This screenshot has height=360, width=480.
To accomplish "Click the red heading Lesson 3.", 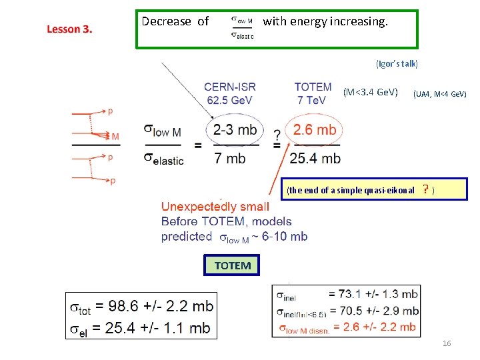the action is pyautogui.click(x=69, y=29).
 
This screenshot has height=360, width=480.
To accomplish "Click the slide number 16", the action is pyautogui.click(x=447, y=343).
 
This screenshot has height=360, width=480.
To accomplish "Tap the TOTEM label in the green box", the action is pyautogui.click(x=233, y=265).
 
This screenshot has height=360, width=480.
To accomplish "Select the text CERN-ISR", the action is pyautogui.click(x=229, y=87).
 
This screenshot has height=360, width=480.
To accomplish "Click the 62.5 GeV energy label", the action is pyautogui.click(x=231, y=100).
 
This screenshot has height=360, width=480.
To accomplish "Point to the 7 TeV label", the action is pyautogui.click(x=311, y=100).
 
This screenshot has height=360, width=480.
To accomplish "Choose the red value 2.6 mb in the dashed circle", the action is pyautogui.click(x=315, y=129).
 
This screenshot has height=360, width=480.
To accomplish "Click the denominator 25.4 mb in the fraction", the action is pyautogui.click(x=315, y=158).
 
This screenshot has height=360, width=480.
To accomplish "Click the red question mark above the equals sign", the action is pyautogui.click(x=277, y=136).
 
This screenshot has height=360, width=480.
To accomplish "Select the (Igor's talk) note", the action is pyautogui.click(x=397, y=64).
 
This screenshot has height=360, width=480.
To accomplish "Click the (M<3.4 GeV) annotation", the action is pyautogui.click(x=370, y=91).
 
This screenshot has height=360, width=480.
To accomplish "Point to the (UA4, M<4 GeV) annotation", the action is pyautogui.click(x=439, y=94).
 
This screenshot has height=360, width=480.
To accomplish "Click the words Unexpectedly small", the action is pyautogui.click(x=215, y=207).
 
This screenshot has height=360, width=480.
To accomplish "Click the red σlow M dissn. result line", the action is pyautogui.click(x=347, y=326).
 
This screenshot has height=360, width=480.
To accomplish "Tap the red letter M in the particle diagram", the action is pyautogui.click(x=115, y=137).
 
